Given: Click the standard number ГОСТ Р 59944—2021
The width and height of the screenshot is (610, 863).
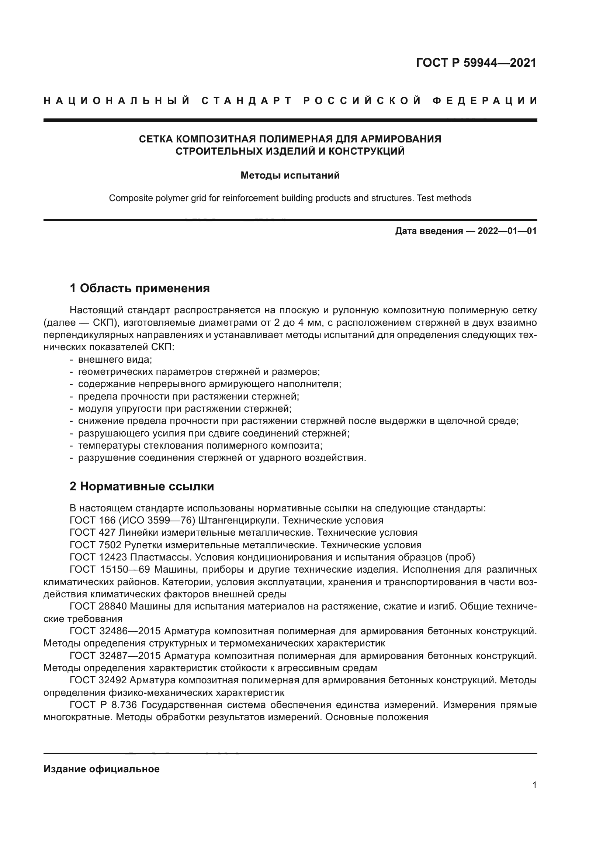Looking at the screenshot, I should tap(476, 63).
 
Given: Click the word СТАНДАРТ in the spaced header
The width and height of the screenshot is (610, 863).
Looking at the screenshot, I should tap(246, 101).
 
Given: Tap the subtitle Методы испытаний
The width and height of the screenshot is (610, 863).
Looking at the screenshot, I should tap(290, 176).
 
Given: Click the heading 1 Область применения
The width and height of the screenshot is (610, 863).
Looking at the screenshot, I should tap(140, 288).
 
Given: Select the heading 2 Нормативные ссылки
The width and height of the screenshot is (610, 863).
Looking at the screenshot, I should tap(142, 486).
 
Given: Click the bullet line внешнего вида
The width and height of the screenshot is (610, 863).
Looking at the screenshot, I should tap(115, 359).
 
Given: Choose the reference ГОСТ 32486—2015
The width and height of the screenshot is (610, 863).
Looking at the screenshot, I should tap(115, 631).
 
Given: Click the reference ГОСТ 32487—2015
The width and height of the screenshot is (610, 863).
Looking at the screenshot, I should tap(115, 656).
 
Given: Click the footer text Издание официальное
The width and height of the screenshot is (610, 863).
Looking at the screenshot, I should tap(101, 769).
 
